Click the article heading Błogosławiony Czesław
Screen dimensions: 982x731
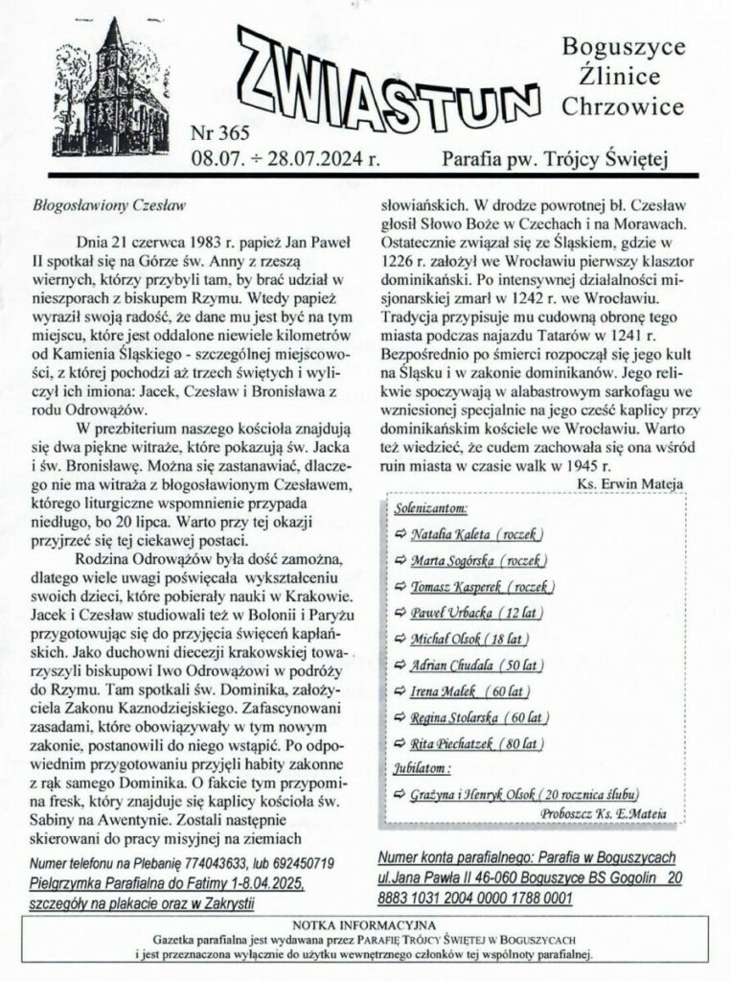tap(107, 205)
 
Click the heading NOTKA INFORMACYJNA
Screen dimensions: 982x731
tap(366, 924)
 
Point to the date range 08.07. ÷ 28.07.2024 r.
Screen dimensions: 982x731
tap(286, 157)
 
